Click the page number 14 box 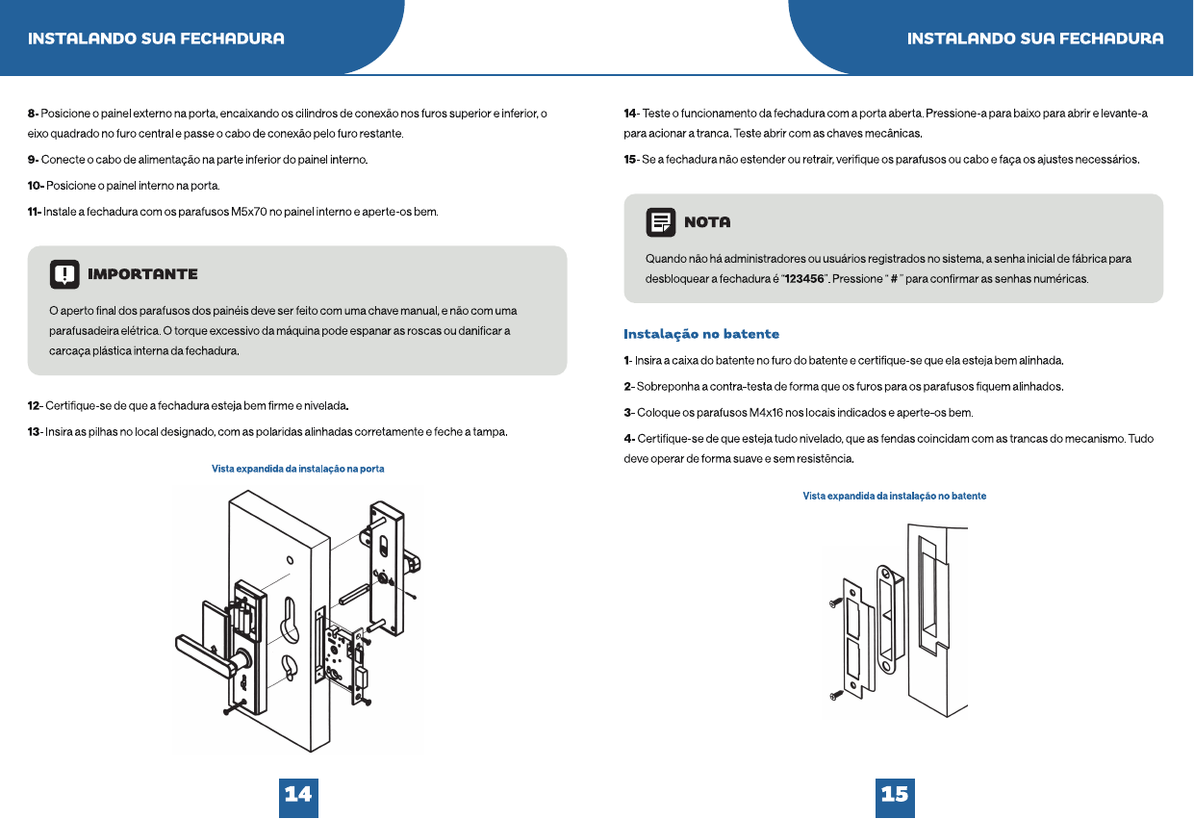pyautogui.click(x=298, y=797)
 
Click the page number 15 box pyautogui.click(x=895, y=797)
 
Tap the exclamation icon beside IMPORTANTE pyautogui.click(x=64, y=274)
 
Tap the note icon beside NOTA pyautogui.click(x=660, y=222)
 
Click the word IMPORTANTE pyautogui.click(x=142, y=274)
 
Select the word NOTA pyautogui.click(x=707, y=221)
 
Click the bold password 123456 pyautogui.click(x=804, y=279)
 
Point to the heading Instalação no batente pyautogui.click(x=701, y=334)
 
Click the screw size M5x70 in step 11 pyautogui.click(x=249, y=212)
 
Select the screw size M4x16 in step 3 pyautogui.click(x=767, y=413)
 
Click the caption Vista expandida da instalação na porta pyautogui.click(x=298, y=469)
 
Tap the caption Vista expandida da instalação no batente pyautogui.click(x=895, y=496)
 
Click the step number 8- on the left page pyautogui.click(x=33, y=114)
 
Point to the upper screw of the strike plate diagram pyautogui.click(x=835, y=602)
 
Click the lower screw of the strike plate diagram pyautogui.click(x=836, y=695)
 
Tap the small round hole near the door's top pyautogui.click(x=290, y=560)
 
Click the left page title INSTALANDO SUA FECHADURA pyautogui.click(x=156, y=38)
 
